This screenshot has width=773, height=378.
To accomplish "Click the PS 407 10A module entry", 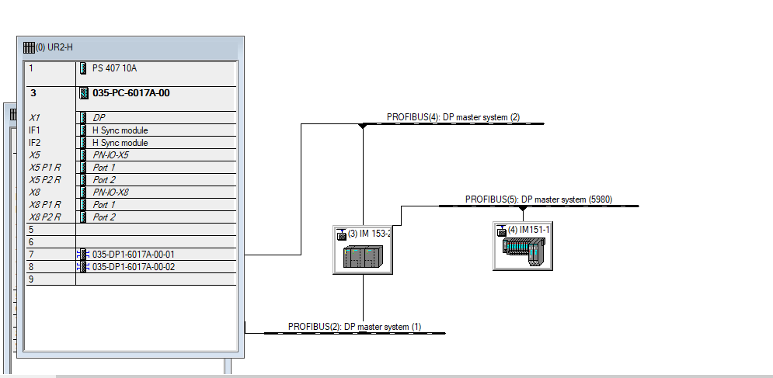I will point(114,68).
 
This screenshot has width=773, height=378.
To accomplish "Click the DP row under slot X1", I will point(99,118).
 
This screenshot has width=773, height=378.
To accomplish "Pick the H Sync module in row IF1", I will point(120,130).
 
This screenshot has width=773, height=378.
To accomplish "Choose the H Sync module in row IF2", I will point(120,143).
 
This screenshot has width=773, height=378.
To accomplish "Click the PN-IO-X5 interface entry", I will point(110,155).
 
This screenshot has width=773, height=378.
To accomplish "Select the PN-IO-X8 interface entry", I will point(110,192).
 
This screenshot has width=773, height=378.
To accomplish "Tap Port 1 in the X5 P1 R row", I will point(104,168).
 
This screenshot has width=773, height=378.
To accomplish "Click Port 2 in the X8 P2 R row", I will point(104,217).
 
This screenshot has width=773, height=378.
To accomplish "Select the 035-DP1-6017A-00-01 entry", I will point(133,255).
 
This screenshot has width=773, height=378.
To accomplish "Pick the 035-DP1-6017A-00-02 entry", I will point(133,267).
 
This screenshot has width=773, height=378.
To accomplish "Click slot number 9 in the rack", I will point(31,279).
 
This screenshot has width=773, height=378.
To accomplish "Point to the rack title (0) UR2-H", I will point(54,47).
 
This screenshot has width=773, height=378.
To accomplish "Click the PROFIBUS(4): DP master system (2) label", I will point(453,117).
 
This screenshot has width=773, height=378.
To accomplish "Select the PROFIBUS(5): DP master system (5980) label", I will point(538,199).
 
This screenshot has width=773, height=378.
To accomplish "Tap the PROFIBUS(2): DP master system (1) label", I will point(354,327).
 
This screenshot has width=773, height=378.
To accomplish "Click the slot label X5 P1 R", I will point(44,168).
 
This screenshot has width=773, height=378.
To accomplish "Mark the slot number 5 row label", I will point(31,230).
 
